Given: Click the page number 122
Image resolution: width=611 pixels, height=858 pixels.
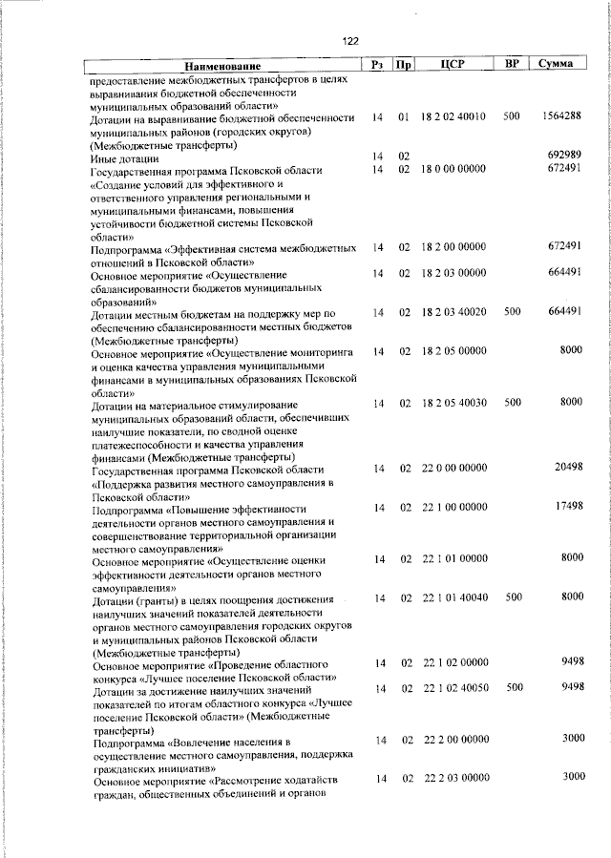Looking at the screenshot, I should [x=349, y=40].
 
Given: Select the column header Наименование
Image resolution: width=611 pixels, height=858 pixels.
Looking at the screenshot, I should [x=223, y=66].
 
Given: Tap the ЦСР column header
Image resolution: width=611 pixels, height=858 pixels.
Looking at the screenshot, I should [x=453, y=65].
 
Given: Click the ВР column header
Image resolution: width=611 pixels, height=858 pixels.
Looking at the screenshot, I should [x=512, y=64].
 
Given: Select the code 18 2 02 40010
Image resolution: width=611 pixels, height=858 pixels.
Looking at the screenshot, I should [x=453, y=117].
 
